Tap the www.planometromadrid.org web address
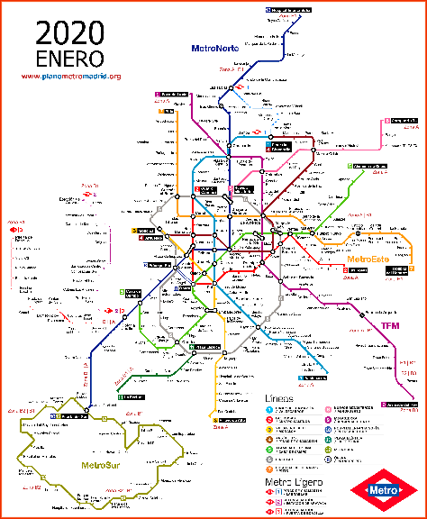[69, 77]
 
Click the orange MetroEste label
[369, 259]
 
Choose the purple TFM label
[390, 325]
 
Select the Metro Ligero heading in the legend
[294, 482]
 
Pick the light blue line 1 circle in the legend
[269, 410]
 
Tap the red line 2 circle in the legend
[269, 420]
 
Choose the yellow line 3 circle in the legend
[269, 430]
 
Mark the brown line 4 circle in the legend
[269, 440]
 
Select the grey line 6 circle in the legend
[269, 460]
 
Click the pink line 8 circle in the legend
[328, 410]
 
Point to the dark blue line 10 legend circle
[328, 430]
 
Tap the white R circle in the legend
[328, 460]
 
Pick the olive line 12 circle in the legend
[328, 450]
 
